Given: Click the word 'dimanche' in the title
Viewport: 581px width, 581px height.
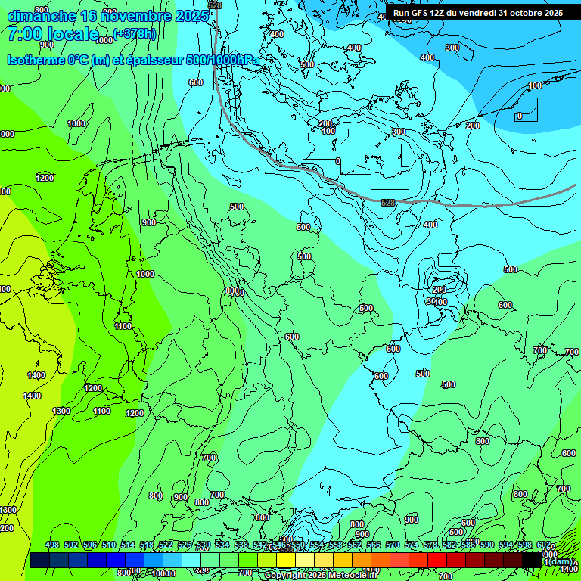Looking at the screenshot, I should coord(41,16).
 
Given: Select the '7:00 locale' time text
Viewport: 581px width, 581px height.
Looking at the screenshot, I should coord(52,34).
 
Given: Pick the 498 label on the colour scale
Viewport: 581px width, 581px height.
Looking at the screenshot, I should coord(52,545).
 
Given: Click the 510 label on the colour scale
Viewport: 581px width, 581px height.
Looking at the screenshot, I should coord(109,545).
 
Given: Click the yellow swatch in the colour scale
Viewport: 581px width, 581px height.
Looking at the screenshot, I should coord(285,560).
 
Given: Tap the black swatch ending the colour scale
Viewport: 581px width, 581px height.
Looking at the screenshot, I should coord(532,560).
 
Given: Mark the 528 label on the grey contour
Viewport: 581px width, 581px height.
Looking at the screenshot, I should coord(388,203).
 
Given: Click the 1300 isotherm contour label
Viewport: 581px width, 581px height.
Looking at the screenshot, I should coord(61,411).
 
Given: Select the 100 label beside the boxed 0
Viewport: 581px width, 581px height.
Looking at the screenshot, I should coord(535,85).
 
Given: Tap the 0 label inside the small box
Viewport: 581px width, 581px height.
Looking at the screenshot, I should coord(519,116).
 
